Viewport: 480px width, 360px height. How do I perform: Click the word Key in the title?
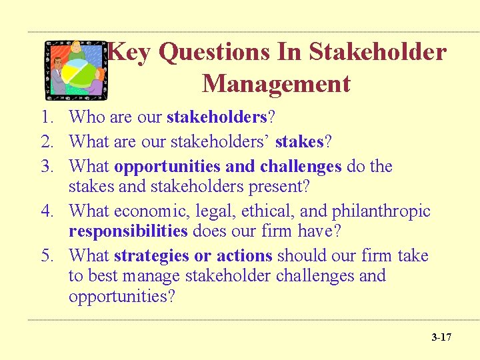coord(129,53)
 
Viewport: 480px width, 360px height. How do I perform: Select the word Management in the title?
coord(275,84)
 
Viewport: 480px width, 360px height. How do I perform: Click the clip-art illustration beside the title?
coord(75,68)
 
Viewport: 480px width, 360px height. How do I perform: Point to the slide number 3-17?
coord(441,337)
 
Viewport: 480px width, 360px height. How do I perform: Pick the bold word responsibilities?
coord(128,231)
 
